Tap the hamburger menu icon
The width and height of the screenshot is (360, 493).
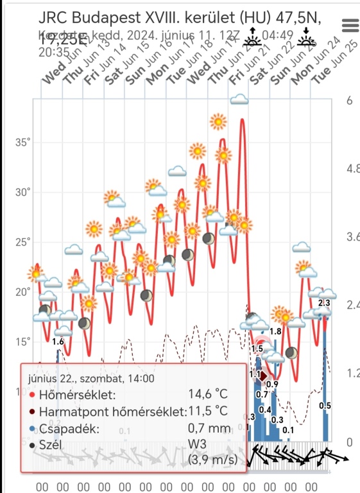[350, 25]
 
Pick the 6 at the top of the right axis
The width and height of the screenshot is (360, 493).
[349, 101]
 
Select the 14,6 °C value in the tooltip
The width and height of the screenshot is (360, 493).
[208, 394]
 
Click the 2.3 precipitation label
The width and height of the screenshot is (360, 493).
[324, 303]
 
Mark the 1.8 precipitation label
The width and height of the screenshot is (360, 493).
[275, 331]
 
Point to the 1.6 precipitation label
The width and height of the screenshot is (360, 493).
[58, 342]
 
